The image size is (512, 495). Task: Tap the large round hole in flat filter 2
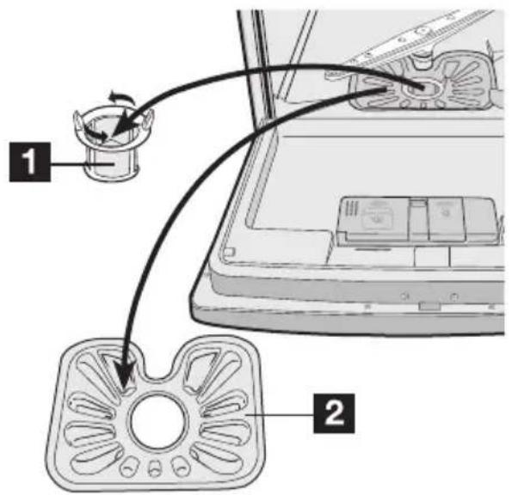[x=153, y=419]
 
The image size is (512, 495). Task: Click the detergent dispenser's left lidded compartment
[x=379, y=219]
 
